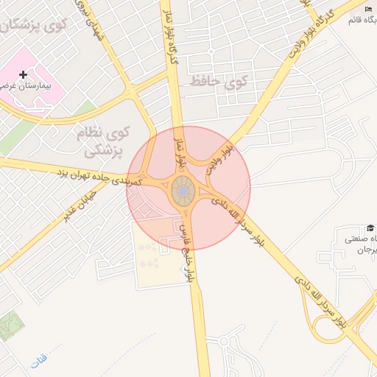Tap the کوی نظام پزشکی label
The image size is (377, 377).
[104, 142]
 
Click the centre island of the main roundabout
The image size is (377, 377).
[183, 192]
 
